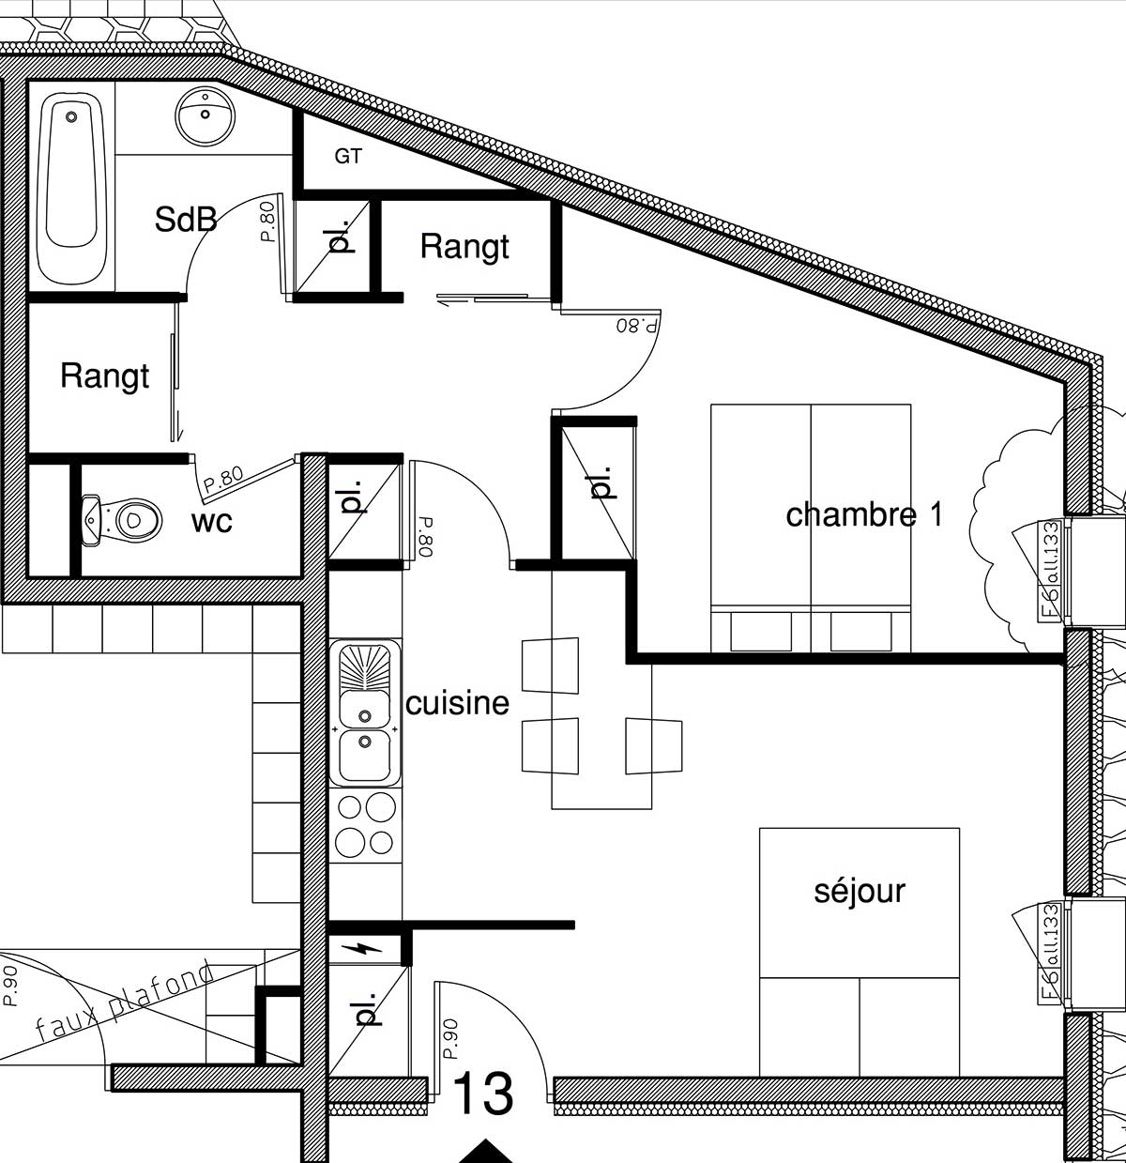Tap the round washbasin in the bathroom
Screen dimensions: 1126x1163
pos(205,116)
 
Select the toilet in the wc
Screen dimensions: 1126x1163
pos(121,519)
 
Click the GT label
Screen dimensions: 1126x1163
pos(348,157)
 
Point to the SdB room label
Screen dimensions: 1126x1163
pos(185,220)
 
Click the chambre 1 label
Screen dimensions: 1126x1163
pos(864,514)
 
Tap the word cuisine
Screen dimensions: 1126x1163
pos(457,703)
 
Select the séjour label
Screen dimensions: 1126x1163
pos(860,892)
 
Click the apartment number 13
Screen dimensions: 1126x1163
pos(483,1094)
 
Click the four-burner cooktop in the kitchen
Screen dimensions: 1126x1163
pos(365,825)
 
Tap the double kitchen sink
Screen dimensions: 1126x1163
pos(364,713)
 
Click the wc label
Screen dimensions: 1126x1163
pos(211,521)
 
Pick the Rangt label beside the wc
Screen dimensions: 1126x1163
pos(104,375)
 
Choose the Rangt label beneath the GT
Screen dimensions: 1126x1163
pos(464,246)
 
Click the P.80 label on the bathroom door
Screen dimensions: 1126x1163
pos(268,222)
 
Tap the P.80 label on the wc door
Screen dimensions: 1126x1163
pos(222,479)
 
